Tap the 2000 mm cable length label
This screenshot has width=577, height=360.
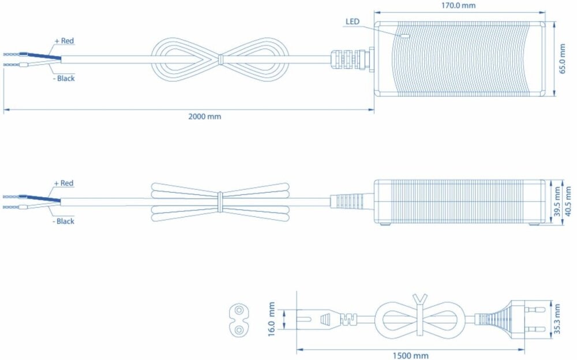tap(204, 117)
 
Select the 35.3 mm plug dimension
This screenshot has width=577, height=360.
tap(557, 319)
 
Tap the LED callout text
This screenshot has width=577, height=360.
tap(353, 22)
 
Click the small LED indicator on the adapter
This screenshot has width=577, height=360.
tap(405, 35)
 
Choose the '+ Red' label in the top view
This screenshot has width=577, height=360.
tap(63, 41)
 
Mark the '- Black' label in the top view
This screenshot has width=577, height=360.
tap(63, 78)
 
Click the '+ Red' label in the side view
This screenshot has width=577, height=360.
tap(63, 183)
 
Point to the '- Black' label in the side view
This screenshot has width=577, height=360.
tap(63, 221)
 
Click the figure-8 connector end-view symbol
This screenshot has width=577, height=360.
tap(237, 320)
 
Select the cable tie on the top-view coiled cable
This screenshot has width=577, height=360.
tap(220, 59)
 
